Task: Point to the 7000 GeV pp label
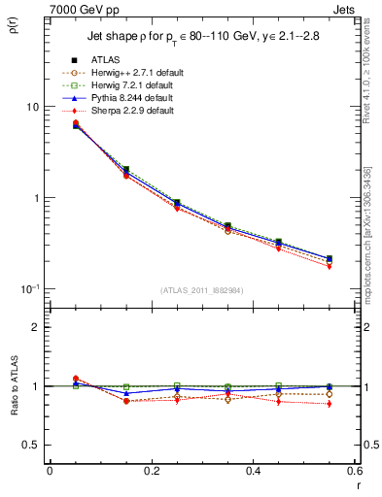tap(77, 8)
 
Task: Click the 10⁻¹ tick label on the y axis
tap(32, 288)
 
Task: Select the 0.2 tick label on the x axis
tap(151, 470)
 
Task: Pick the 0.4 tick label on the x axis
tap(253, 470)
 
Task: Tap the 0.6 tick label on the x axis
tap(354, 470)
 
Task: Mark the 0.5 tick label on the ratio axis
tap(33, 445)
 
